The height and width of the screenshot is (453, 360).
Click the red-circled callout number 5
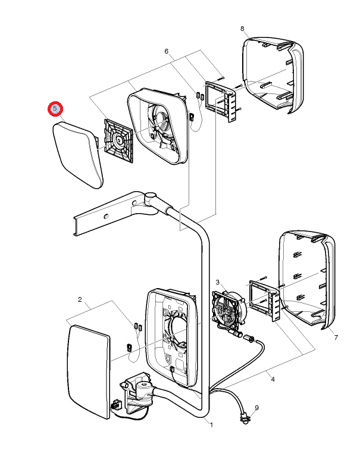pyautogui.click(x=55, y=109)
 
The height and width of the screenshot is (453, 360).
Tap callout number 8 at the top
pyautogui.click(x=242, y=29)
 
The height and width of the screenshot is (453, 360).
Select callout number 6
pyautogui.click(x=167, y=52)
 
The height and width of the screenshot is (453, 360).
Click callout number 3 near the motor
pyautogui.click(x=218, y=282)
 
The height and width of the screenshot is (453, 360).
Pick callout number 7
pyautogui.click(x=336, y=338)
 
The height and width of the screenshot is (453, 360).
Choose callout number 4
pyautogui.click(x=273, y=379)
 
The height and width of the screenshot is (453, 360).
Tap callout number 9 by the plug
pyautogui.click(x=257, y=408)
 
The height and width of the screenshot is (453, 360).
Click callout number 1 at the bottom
pyautogui.click(x=211, y=424)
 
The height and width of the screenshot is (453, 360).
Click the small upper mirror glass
pyautogui.click(x=77, y=154)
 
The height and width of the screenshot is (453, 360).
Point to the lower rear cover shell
pyautogui.click(x=306, y=277)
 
